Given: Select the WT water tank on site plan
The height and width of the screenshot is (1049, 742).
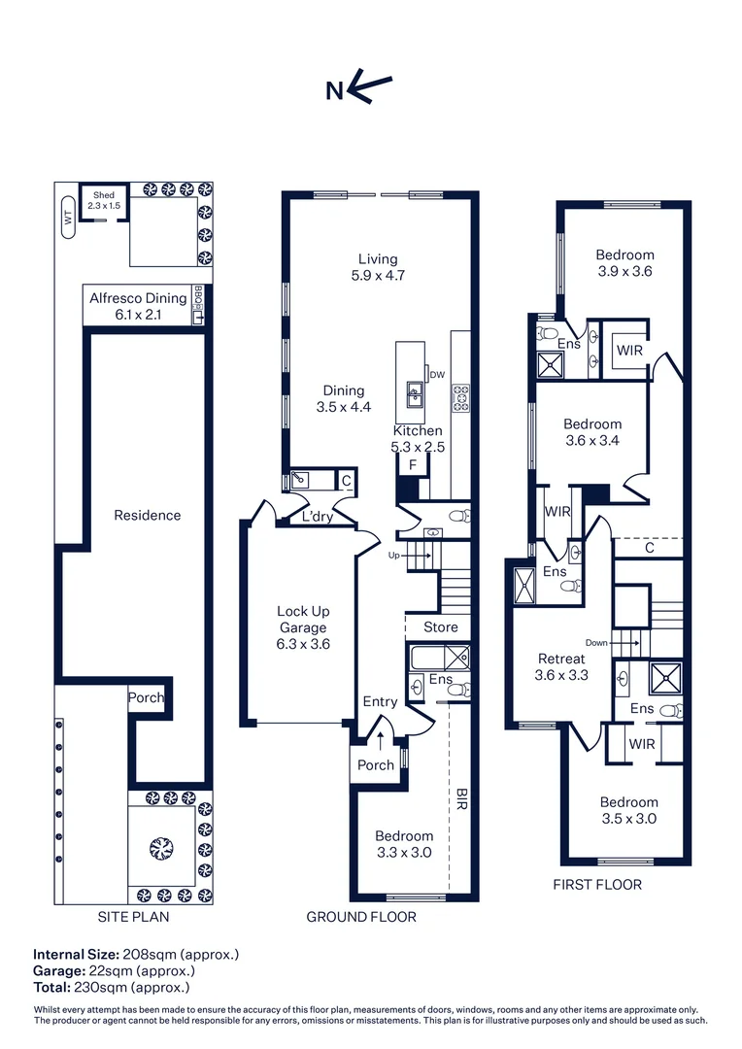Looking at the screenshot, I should pyautogui.click(x=68, y=218).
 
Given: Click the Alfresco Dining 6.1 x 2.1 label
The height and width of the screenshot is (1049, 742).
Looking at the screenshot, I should pyautogui.click(x=138, y=306).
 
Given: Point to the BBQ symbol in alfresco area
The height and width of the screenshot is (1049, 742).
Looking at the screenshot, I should pyautogui.click(x=198, y=305).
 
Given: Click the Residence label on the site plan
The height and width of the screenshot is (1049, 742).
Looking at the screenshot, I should pyautogui.click(x=147, y=515).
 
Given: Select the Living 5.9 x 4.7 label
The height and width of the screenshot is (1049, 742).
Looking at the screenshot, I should pyautogui.click(x=378, y=267).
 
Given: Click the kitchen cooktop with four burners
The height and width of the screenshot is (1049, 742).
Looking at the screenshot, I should pyautogui.click(x=460, y=395).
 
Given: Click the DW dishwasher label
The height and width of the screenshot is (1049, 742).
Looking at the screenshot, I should pyautogui.click(x=437, y=375).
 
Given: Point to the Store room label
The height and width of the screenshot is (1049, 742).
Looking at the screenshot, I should pyautogui.click(x=440, y=627).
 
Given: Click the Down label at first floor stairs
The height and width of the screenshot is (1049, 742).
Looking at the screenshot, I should pyautogui.click(x=596, y=642).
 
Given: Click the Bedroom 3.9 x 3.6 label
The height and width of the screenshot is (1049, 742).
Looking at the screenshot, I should pyautogui.click(x=624, y=263).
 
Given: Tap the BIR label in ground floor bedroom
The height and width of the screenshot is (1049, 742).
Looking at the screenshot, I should pyautogui.click(x=462, y=799).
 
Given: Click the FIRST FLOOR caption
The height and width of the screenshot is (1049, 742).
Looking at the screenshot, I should pyautogui.click(x=597, y=885).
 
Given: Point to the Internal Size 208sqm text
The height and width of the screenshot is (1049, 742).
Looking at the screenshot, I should pyautogui.click(x=136, y=954).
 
